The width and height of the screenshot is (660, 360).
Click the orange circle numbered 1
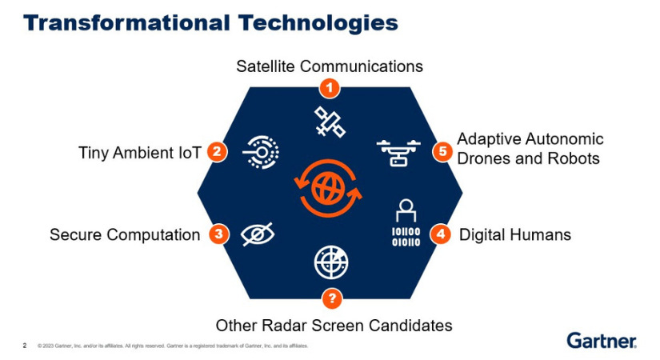coord(330,86)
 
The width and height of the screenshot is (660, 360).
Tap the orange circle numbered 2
coord(215,152)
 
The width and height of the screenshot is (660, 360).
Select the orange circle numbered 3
coord(218,234)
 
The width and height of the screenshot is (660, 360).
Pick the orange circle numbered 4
coord(440,234)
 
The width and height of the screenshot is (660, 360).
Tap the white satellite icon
coord(329,122)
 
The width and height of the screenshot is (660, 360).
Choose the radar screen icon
coord(330,263)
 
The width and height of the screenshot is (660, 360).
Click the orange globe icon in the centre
coord(329,190)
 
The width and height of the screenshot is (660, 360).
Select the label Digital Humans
coord(514,235)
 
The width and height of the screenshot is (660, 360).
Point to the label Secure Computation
coord(124,235)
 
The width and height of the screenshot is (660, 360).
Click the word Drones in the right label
coord(482,158)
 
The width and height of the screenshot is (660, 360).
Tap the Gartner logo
coord(602,340)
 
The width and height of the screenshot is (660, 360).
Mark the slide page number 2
coord(24,346)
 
